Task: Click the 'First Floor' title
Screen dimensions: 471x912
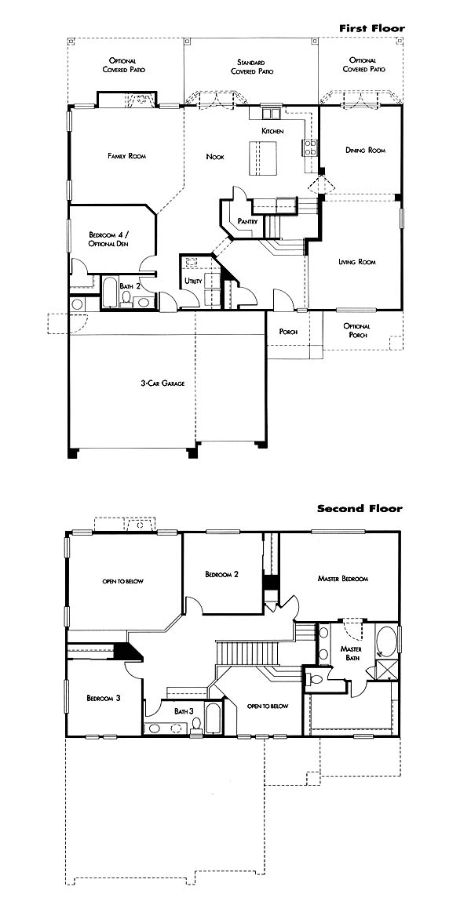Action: [x=372, y=27]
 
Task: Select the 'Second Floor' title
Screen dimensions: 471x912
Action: [x=360, y=508]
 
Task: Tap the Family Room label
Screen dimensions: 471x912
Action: [x=126, y=156]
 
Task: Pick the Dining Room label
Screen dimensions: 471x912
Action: [x=365, y=150]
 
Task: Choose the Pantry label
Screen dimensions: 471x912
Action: [x=247, y=222]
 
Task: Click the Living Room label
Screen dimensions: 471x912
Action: [x=357, y=262]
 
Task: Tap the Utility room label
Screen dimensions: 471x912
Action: [x=192, y=281]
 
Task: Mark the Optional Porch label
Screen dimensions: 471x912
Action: [x=357, y=330]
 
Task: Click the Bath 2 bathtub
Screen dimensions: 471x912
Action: [x=111, y=292]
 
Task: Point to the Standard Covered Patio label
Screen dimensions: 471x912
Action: [x=251, y=67]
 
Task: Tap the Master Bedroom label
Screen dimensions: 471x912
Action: [x=343, y=579]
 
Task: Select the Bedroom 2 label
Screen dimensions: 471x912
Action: [x=222, y=574]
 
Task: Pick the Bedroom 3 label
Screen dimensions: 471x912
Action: [x=104, y=698]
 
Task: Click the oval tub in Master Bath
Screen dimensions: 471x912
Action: [x=385, y=641]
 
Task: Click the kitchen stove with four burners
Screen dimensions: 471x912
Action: [x=309, y=147]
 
